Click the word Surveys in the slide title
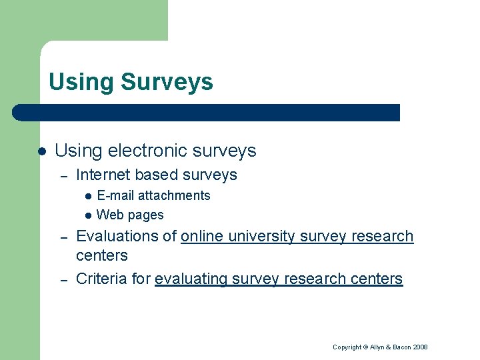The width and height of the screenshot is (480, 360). click(167, 83)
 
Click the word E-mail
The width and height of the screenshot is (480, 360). click(116, 195)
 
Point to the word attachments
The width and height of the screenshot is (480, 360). click(174, 195)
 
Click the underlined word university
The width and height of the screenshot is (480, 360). click(262, 237)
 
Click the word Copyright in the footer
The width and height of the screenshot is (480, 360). click(347, 347)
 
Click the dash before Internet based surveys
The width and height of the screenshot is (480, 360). click(64, 176)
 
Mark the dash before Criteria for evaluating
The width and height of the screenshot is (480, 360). click(64, 279)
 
